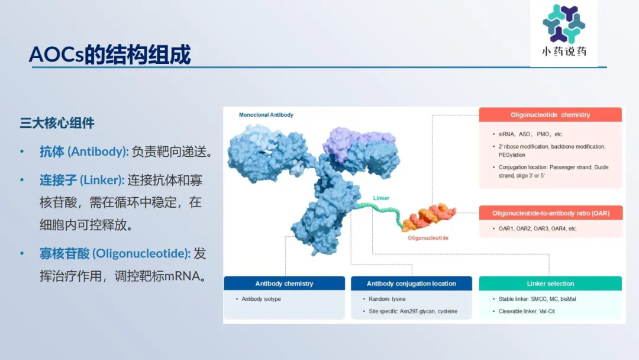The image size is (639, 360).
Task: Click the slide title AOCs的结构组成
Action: [x=109, y=54]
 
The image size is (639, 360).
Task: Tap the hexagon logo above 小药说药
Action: [x=564, y=23]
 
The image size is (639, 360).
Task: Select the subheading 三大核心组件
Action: [x=57, y=123]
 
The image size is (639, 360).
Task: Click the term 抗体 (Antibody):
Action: [x=84, y=152]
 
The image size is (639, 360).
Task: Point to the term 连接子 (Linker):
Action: [x=82, y=180]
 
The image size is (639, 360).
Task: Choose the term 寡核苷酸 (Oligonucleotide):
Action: [x=115, y=253]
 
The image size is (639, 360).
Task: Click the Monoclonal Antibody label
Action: [x=266, y=115]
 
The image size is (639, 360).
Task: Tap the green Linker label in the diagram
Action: [x=381, y=198]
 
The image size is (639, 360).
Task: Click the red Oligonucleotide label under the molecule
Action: [x=428, y=238]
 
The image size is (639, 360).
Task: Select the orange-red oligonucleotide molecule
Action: [x=429, y=217]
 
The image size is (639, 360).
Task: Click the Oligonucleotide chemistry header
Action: [x=550, y=115]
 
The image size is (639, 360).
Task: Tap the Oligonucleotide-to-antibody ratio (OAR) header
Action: [x=551, y=213]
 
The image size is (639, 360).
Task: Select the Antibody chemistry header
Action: [x=284, y=284]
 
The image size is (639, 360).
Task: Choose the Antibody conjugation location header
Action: [x=411, y=284]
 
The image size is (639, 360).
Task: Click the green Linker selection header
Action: [x=550, y=284]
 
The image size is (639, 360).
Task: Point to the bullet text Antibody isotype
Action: [x=262, y=299]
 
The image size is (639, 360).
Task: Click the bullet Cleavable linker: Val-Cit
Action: [x=527, y=311]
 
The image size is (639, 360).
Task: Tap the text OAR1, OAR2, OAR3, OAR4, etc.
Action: [x=537, y=229]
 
